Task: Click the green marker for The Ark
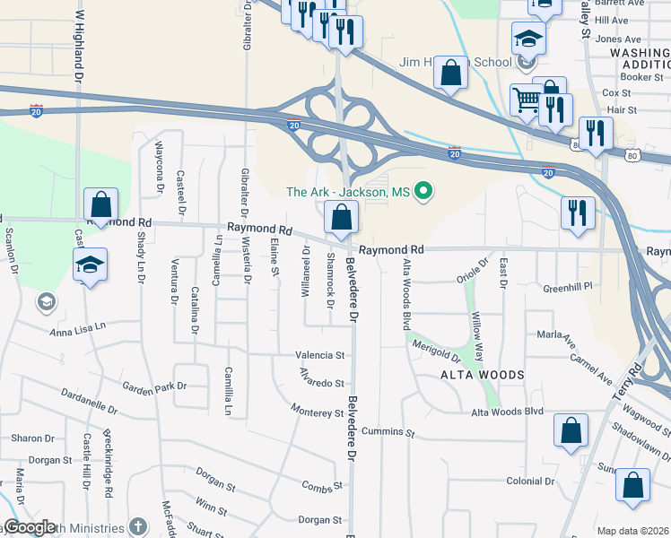(426, 192)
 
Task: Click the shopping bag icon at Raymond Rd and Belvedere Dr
(341, 217)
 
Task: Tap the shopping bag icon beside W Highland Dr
(101, 204)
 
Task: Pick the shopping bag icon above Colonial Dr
(571, 431)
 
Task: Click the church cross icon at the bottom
(137, 526)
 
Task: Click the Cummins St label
(388, 433)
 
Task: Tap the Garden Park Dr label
(155, 387)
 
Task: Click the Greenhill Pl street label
(568, 288)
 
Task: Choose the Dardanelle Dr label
(90, 401)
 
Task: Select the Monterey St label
(317, 412)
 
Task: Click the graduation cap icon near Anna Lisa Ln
(90, 265)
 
